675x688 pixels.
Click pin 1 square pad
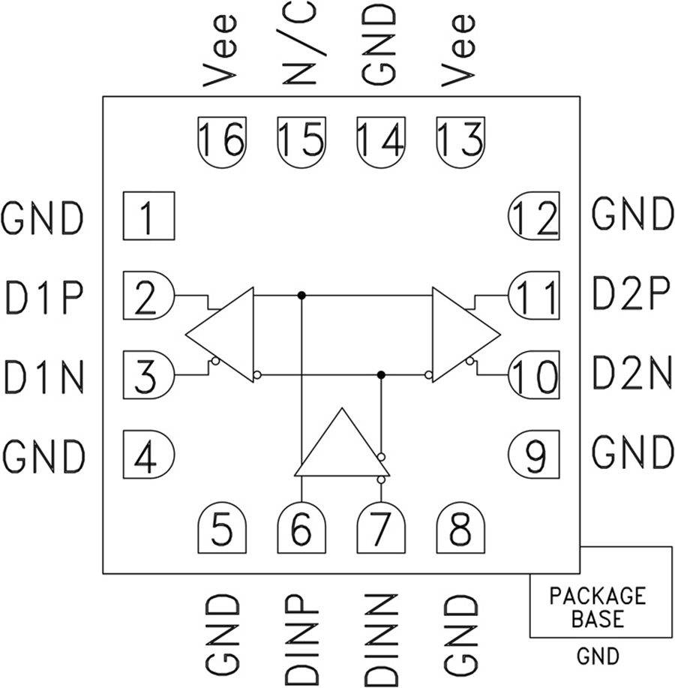[148, 215]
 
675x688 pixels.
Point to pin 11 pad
[534, 296]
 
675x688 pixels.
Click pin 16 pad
[222, 138]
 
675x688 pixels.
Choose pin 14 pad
[381, 138]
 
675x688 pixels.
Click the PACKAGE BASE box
[600, 593]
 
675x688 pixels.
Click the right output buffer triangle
[461, 335]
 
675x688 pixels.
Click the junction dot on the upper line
[301, 295]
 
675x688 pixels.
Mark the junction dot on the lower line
[381, 374]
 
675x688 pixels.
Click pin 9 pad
[534, 453]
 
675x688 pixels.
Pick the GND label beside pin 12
[631, 215]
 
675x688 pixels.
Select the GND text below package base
[598, 657]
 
